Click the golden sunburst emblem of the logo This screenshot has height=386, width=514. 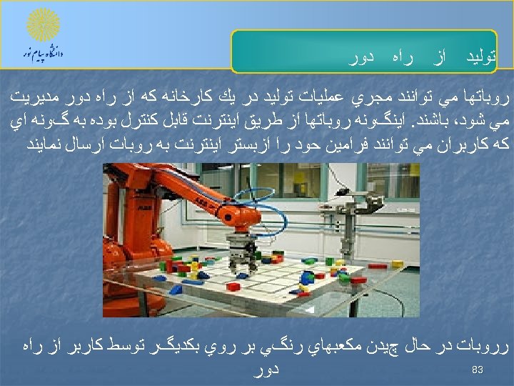[x=43, y=24]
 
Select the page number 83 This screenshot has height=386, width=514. [x=478, y=370]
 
